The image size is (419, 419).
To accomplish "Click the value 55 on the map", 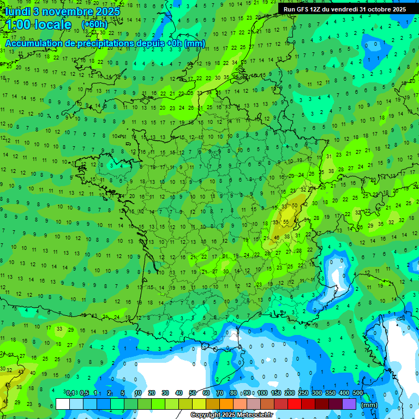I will [x=286, y=222].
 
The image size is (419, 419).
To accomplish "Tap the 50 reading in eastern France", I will [x=295, y=206].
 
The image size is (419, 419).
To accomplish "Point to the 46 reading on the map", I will [x=277, y=237].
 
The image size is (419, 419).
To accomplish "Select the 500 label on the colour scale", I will [x=358, y=393].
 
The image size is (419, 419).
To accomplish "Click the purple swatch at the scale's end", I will [x=349, y=404].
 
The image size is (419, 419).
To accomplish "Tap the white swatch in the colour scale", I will [x=63, y=404].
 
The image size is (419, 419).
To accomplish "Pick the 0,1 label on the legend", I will [x=70, y=393].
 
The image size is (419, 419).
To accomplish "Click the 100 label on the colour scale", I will [x=262, y=393].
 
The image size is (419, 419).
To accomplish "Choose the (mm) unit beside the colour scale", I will [x=369, y=405].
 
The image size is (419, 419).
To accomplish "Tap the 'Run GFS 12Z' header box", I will [x=344, y=9].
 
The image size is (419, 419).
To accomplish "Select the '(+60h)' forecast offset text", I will [x=94, y=25].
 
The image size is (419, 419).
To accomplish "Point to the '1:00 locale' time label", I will [x=38, y=25].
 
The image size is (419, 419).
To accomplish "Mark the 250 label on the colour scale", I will [x=303, y=393].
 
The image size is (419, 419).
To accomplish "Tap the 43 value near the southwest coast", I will [x=21, y=372].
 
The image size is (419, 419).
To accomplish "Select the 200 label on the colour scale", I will [x=290, y=393].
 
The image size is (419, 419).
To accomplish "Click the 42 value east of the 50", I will [x=305, y=204].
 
